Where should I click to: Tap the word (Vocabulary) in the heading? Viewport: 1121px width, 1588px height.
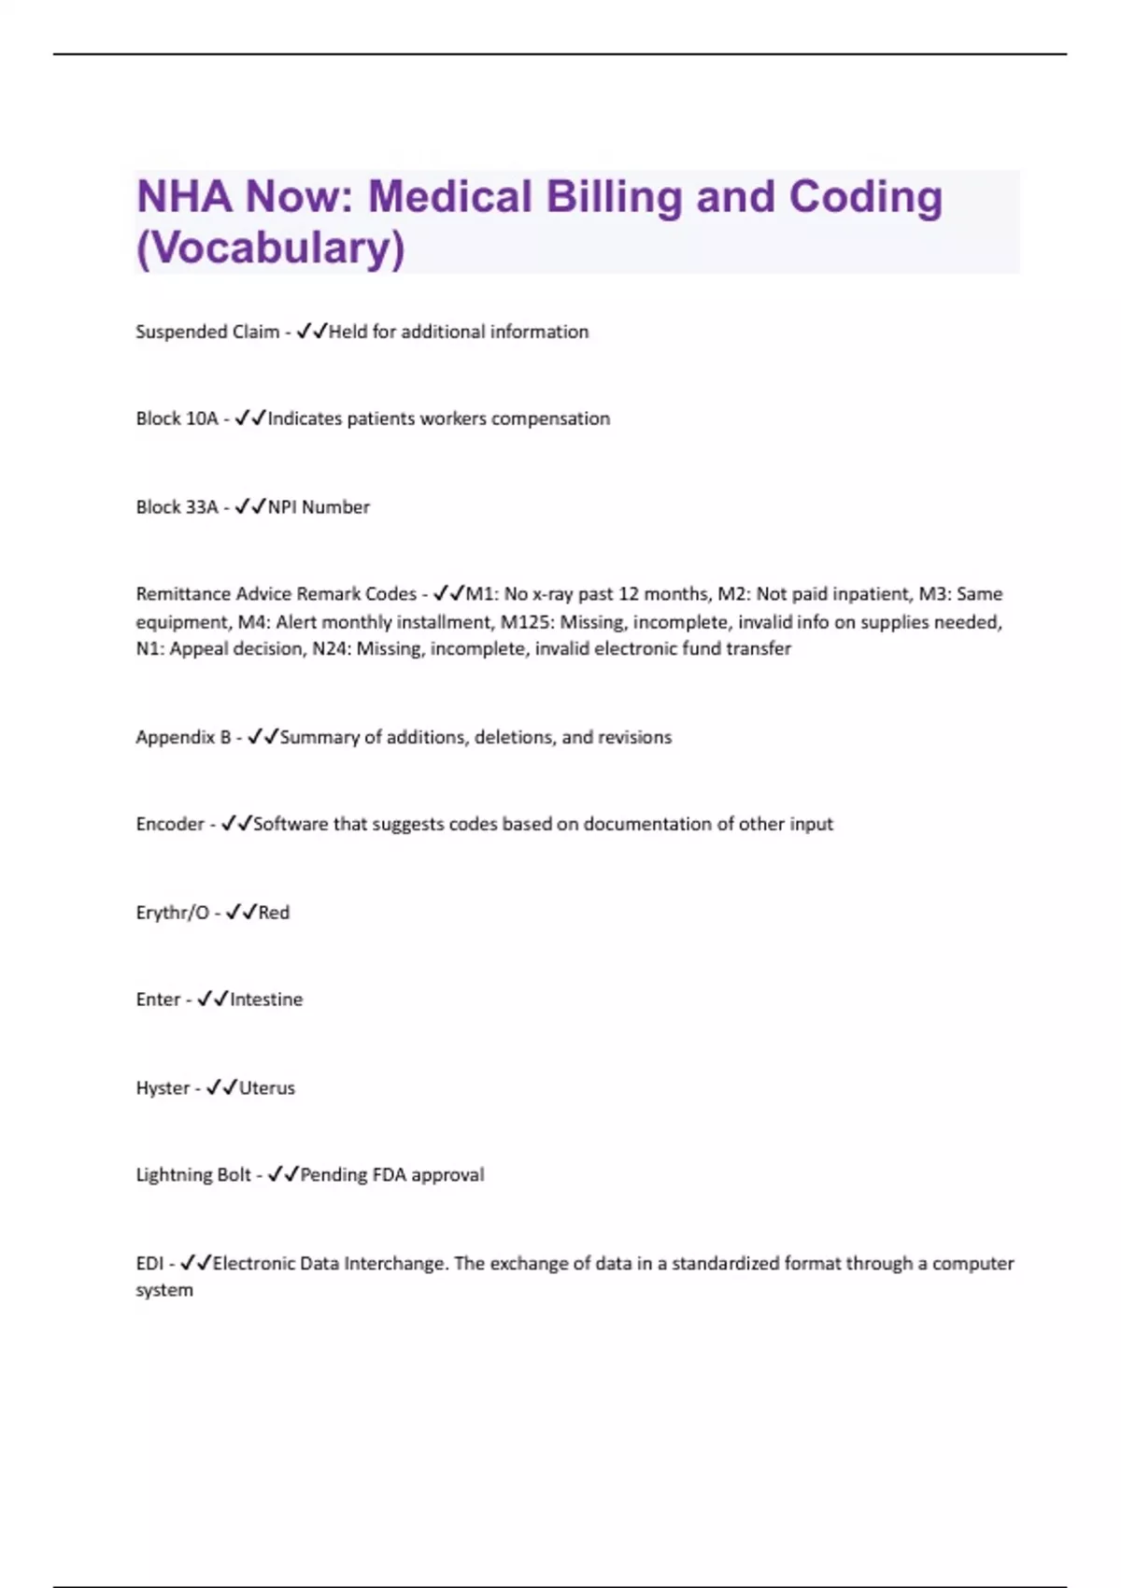(271, 248)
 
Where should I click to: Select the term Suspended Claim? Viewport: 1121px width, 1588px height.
(207, 332)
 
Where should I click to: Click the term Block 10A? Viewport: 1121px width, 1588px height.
(177, 418)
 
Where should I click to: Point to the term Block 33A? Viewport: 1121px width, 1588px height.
(177, 507)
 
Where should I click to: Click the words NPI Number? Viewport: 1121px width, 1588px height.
(319, 507)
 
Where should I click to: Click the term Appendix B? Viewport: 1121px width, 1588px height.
(183, 737)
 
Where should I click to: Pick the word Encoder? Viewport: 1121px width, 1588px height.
(170, 824)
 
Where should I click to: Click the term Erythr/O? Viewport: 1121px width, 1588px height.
(173, 913)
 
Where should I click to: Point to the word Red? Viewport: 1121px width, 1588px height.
(274, 913)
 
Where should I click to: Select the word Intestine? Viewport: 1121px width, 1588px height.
(266, 1000)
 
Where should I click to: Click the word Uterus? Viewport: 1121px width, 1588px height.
(267, 1088)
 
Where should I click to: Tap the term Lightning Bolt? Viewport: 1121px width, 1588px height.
(193, 1175)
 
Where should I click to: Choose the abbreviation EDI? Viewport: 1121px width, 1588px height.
(149, 1264)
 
